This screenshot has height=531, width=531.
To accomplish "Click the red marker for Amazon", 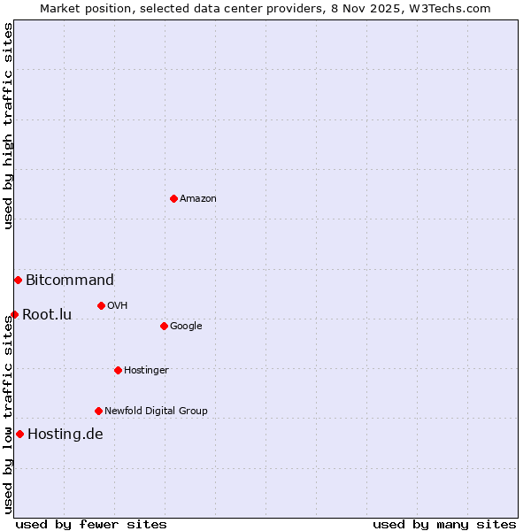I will click(173, 198).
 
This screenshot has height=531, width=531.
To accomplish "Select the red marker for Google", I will click(164, 326).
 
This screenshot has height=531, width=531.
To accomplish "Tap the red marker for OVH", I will click(101, 305).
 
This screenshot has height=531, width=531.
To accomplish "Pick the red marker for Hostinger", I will click(118, 370).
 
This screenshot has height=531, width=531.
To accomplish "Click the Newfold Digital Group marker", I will click(98, 411).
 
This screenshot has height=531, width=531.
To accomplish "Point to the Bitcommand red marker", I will click(18, 280).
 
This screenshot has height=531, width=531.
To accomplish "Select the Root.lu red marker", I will click(14, 314).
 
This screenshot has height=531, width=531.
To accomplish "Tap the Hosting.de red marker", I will click(19, 434).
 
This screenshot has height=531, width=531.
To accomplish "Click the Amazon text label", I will click(198, 199).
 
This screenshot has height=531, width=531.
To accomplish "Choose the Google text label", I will click(186, 327).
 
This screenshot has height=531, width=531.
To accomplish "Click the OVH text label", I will click(118, 306).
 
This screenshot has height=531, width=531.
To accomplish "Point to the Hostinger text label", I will click(146, 371).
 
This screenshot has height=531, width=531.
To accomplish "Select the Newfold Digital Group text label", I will click(156, 412).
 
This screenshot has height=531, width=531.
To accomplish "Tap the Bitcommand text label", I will click(70, 281).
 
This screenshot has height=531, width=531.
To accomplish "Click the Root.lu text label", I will click(47, 315).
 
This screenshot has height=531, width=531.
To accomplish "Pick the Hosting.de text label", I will click(65, 435).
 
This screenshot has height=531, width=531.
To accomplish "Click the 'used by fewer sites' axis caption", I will click(91, 524).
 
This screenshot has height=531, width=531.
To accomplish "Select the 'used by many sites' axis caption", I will click(444, 524).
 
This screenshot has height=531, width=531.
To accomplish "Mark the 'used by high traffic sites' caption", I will click(8, 126).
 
